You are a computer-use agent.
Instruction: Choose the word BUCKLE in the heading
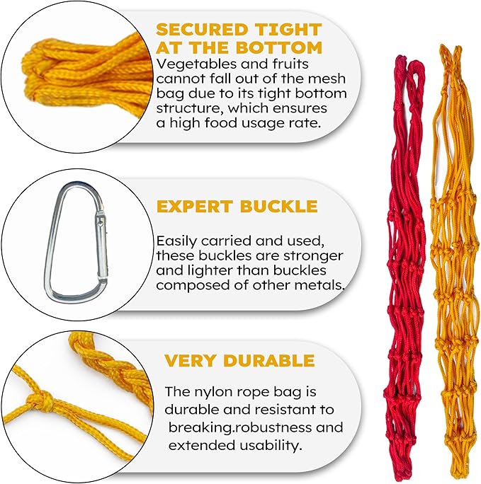point(278,206)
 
